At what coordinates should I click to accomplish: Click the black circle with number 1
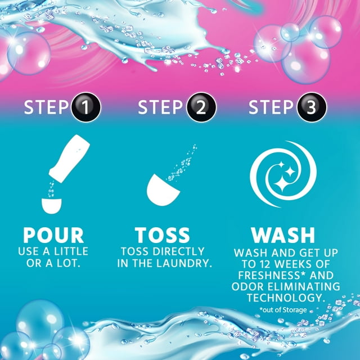coord(86,107)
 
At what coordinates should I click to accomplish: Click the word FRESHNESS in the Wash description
coord(267,275)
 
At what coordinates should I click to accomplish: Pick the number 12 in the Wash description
coord(259,264)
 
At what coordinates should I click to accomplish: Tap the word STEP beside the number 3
coord(272,107)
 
